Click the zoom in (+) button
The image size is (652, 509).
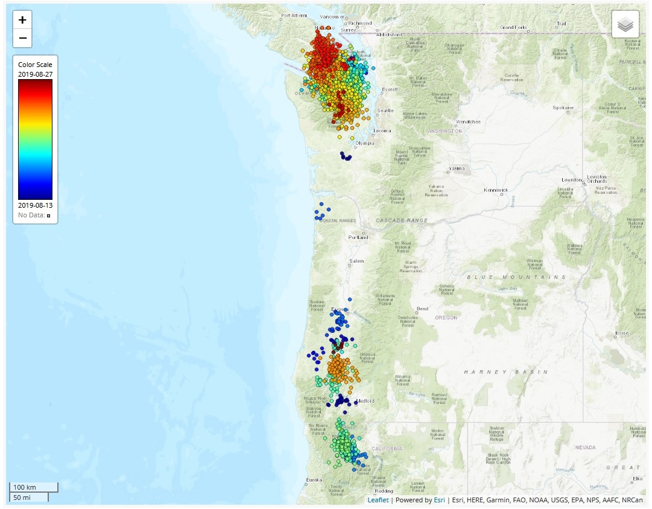[x=22, y=20]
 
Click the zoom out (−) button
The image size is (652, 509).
[x=22, y=38]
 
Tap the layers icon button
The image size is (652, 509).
[x=625, y=25]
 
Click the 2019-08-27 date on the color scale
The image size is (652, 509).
[x=35, y=74]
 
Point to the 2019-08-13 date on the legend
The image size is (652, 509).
[x=35, y=205]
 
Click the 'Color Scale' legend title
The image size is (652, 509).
[x=35, y=65]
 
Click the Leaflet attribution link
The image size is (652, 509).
[x=378, y=500]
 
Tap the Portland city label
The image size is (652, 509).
[x=358, y=237]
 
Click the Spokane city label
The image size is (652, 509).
[x=563, y=108]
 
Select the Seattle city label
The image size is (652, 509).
[x=385, y=110]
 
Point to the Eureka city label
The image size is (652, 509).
[x=314, y=480]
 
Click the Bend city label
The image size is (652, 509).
[x=422, y=309]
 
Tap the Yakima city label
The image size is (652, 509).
[x=457, y=168]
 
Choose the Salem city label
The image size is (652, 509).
[x=356, y=261]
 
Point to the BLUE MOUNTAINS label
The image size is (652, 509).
[x=517, y=277]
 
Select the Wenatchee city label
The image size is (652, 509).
[x=467, y=121]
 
